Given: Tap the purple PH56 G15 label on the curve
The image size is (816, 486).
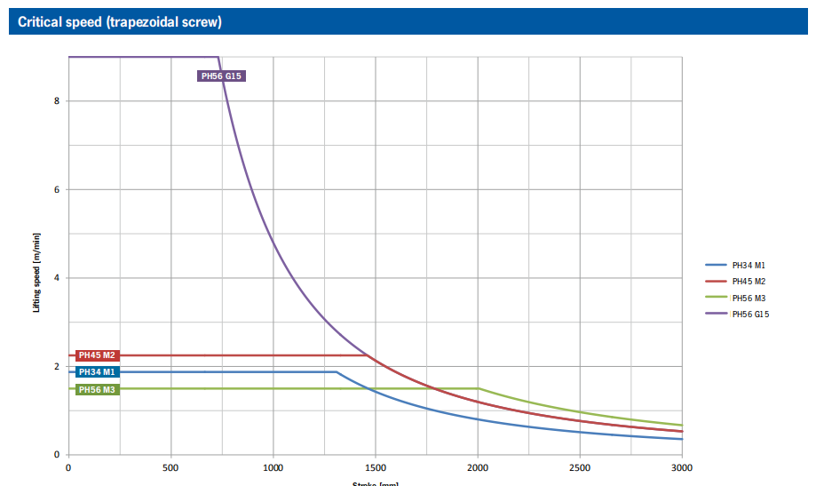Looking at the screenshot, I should [x=220, y=76].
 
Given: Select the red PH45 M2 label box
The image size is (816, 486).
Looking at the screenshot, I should [x=98, y=355].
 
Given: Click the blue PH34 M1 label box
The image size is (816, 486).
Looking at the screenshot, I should [x=98, y=372].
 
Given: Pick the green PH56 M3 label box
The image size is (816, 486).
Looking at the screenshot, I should [x=98, y=389].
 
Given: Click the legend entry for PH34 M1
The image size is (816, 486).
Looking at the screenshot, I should [x=749, y=265].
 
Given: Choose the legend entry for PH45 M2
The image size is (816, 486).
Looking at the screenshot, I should [x=749, y=281].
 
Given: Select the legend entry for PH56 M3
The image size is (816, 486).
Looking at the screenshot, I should [x=749, y=298].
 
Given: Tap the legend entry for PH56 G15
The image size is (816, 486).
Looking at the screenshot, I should [x=750, y=314].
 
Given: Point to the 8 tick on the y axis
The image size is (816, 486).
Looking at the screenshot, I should [x=56, y=101].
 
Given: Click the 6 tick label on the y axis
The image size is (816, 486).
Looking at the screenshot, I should [x=56, y=189].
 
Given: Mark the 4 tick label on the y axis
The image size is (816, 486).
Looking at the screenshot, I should [x=56, y=278].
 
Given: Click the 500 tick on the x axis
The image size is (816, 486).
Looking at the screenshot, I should [x=170, y=466].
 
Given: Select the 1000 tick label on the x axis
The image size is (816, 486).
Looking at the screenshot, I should [x=273, y=466].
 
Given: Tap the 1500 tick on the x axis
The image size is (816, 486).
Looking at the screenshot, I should [x=376, y=466].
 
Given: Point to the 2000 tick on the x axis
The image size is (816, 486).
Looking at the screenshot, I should [x=478, y=466].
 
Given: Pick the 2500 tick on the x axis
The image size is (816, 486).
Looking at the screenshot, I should [x=580, y=466].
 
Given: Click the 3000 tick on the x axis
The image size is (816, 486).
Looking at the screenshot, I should [x=682, y=466].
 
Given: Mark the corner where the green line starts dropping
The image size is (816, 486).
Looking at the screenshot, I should [x=479, y=388].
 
